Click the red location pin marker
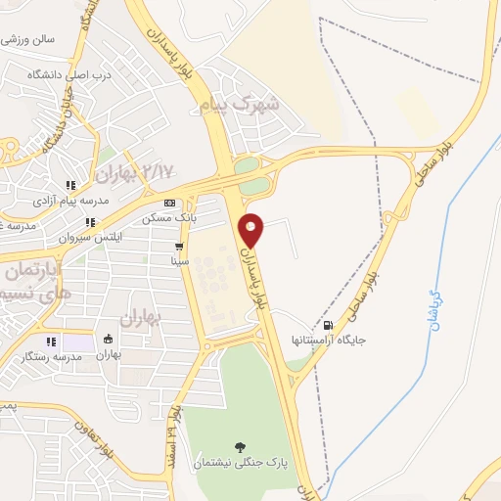click(x=252, y=230)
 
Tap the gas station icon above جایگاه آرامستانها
click(x=327, y=326)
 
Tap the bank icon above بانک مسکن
click(x=169, y=203)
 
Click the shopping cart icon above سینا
click(x=178, y=247)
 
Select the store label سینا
click(x=179, y=261)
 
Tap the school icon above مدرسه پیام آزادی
click(x=69, y=185)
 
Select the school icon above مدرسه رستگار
click(x=50, y=342)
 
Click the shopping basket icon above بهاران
click(x=108, y=341)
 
